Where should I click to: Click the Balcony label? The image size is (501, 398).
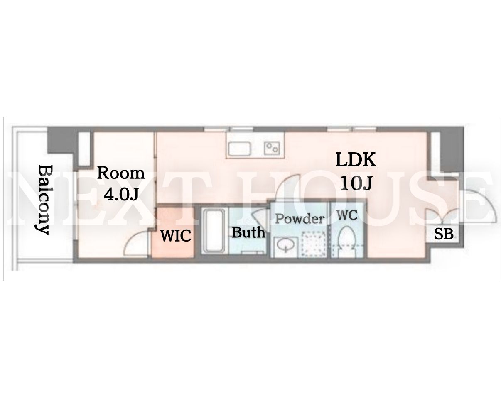pyautogui.click(x=44, y=199)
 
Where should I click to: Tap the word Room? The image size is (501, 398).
pyautogui.click(x=121, y=173)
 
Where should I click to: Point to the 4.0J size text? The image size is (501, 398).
pyautogui.click(x=121, y=194)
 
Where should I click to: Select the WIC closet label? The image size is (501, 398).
pyautogui.click(x=176, y=235)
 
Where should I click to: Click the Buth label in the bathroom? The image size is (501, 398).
pyautogui.click(x=249, y=232)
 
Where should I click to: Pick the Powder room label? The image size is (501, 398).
pyautogui.click(x=300, y=219)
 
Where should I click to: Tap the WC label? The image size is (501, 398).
pyautogui.click(x=347, y=215)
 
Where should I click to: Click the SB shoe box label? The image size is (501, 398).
pyautogui.click(x=444, y=234)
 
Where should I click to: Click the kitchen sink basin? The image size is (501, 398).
pyautogui.click(x=240, y=149)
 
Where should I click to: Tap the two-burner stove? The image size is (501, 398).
pyautogui.click(x=272, y=148)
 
